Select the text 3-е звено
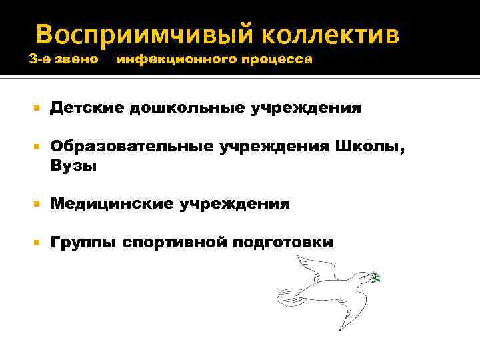[65, 60]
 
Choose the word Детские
[86, 107]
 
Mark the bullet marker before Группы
[38, 242]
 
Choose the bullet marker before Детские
[38, 107]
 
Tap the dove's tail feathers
[289, 297]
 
